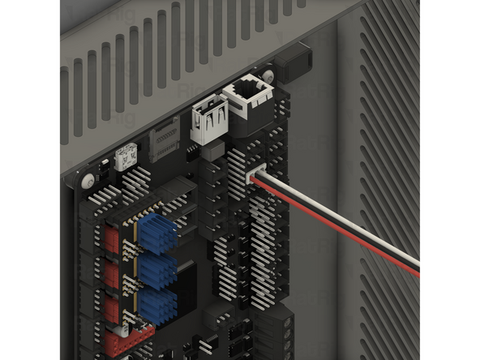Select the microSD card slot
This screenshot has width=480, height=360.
(165, 137)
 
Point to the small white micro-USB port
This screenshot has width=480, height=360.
(126, 157)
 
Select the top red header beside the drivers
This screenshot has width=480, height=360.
(109, 238)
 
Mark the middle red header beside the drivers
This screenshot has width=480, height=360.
(112, 274)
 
